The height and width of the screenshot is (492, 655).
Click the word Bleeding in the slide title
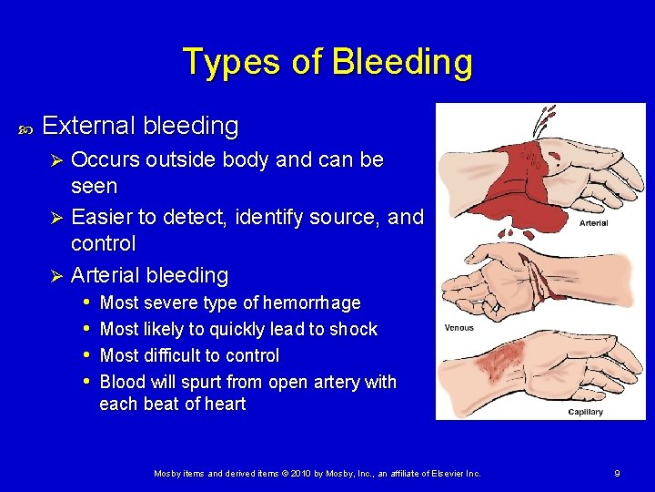click(x=402, y=62)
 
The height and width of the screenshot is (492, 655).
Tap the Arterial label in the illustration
click(x=593, y=222)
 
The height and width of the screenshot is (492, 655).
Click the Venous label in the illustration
click(x=458, y=327)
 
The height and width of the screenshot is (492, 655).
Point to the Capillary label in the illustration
click(x=585, y=412)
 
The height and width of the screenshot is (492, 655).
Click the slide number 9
click(x=618, y=473)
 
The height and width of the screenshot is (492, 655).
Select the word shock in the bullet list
click(x=353, y=329)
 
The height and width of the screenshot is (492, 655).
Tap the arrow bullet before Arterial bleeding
click(x=55, y=275)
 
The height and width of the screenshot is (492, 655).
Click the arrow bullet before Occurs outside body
click(x=55, y=160)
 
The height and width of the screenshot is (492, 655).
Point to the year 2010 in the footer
click(x=299, y=473)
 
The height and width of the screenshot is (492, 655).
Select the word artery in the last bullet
click(x=335, y=382)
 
